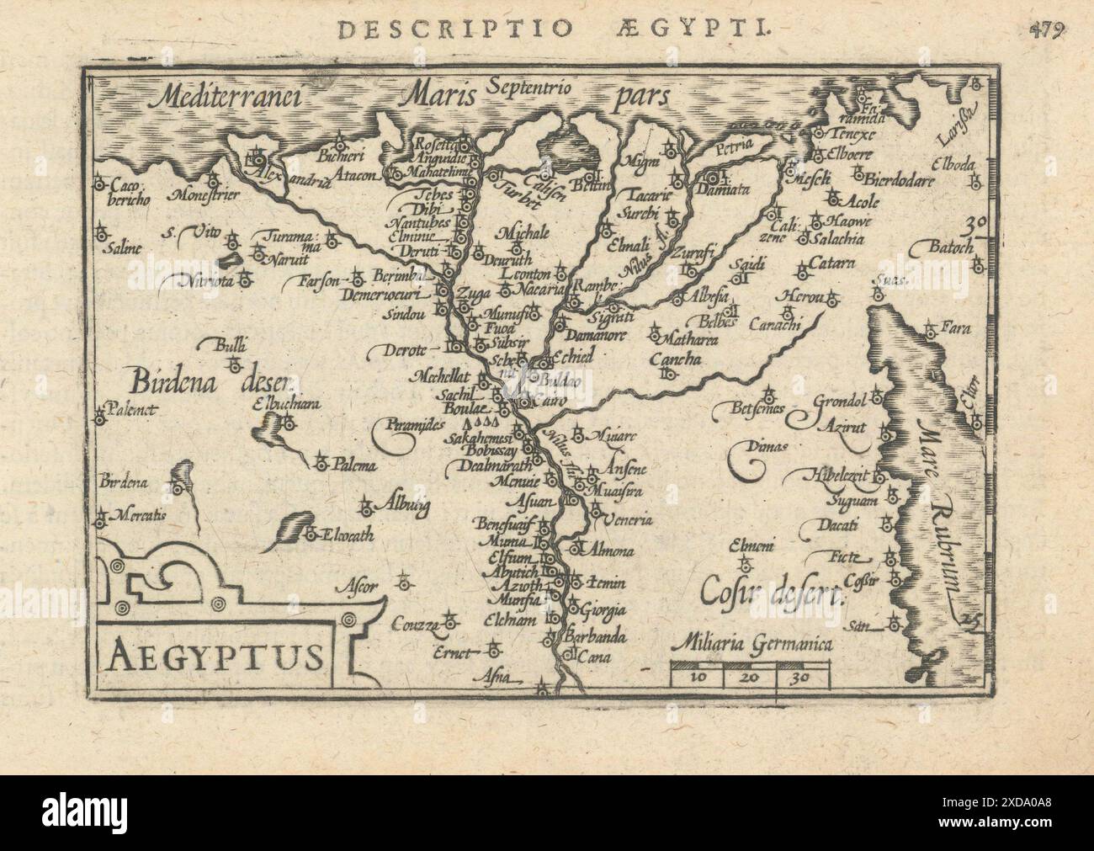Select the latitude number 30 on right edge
(975, 225)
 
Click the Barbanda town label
(597, 637)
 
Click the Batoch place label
(951, 248)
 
